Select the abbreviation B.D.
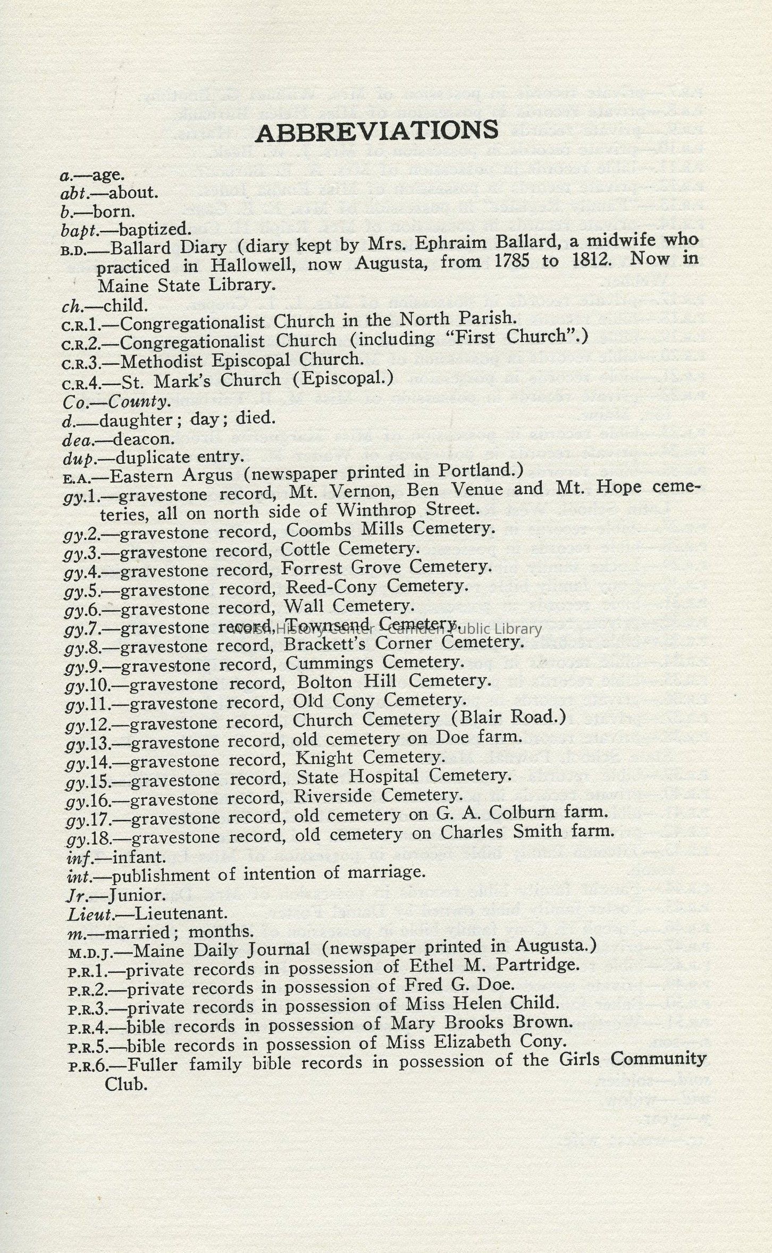(75, 249)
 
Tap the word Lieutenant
(181, 913)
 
